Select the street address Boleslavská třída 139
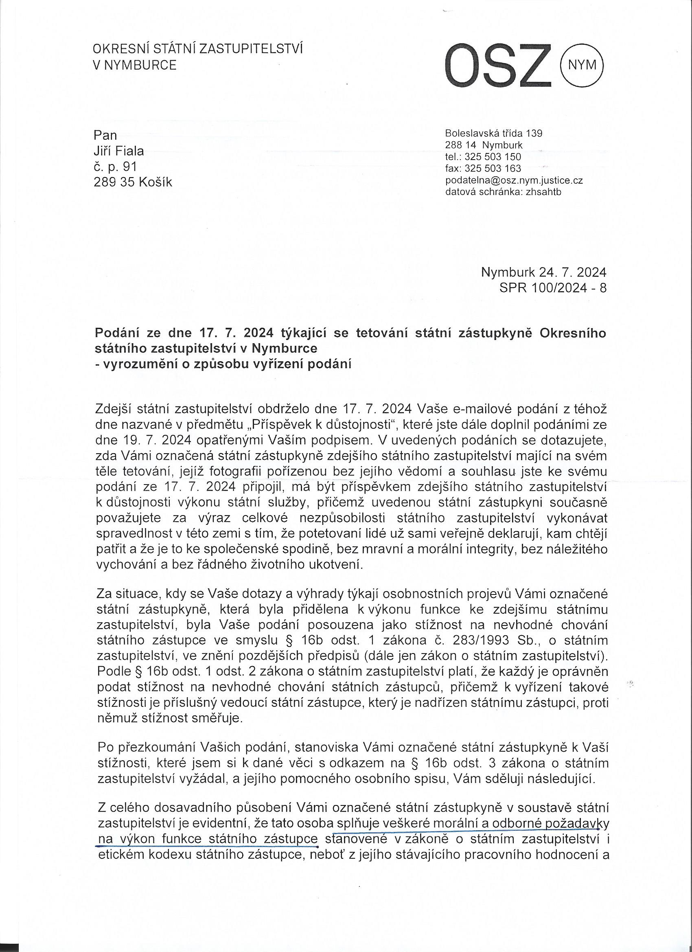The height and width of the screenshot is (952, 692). point(493,134)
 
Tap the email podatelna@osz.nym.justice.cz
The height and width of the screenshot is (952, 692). point(514,180)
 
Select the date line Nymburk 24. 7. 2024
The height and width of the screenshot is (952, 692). point(543,273)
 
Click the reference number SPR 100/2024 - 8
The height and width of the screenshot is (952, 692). point(553,288)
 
